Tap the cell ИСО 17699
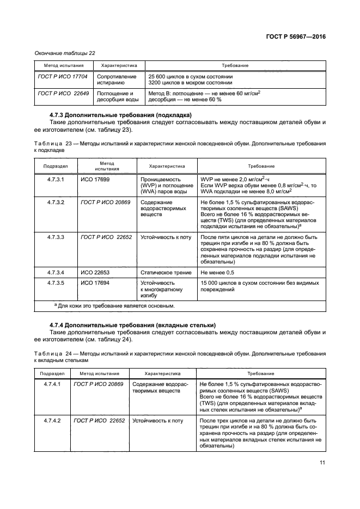coord(95,179)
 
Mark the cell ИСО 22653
coord(95,272)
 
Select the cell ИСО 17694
coord(95,283)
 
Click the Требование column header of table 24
coord(261,374)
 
